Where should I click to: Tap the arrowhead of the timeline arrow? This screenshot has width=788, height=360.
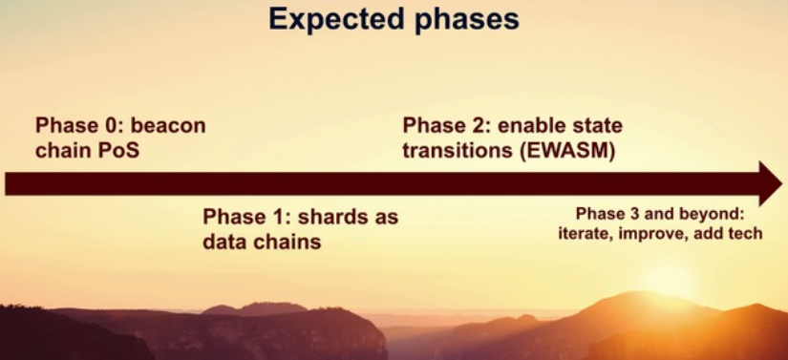coord(770,183)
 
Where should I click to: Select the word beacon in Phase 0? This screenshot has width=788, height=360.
coord(168,125)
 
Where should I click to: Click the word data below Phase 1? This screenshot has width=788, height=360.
coord(223,242)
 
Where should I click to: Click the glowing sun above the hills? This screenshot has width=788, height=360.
coord(667,281)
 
